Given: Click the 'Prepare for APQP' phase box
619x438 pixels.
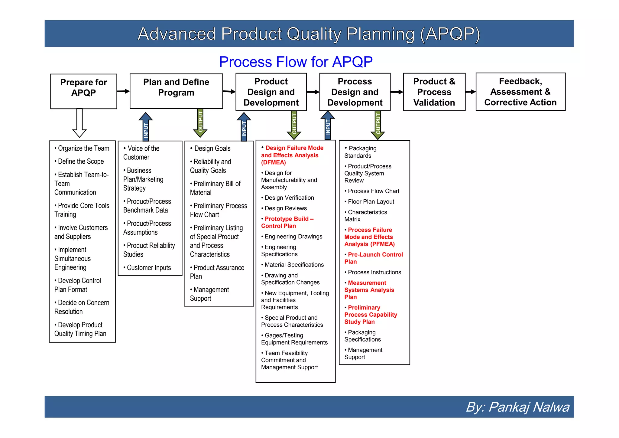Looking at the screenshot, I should (x=83, y=91).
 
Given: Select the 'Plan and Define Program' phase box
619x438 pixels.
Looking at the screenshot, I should (x=176, y=91).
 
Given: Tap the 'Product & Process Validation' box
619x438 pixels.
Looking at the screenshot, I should (x=434, y=92).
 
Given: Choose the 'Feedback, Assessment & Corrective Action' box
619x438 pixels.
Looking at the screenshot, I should (x=520, y=91).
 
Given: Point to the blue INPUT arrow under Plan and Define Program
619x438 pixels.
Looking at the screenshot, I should (x=146, y=127).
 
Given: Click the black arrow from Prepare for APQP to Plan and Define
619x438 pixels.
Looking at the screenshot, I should (x=123, y=91).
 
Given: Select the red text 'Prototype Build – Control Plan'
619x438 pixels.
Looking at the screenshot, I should (x=287, y=222).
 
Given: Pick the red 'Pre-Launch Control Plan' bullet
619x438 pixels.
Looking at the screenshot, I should (x=374, y=258).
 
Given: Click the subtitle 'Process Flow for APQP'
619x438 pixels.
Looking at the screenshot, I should (x=296, y=62).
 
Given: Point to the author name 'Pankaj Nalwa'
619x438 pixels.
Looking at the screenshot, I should (x=529, y=407).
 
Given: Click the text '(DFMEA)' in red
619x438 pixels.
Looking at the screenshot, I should (x=274, y=162).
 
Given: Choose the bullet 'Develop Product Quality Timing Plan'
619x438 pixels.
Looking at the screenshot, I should (x=80, y=329).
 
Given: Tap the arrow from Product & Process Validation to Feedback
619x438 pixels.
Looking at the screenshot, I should (x=470, y=92).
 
